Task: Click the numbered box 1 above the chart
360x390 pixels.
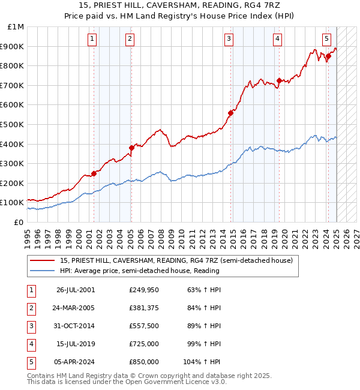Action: tap(92, 40)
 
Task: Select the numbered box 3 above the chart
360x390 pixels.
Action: tap(229, 40)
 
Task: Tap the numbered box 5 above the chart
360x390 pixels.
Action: tap(326, 40)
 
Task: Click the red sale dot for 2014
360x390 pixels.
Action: tap(230, 113)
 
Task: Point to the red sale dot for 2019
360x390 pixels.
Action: tap(279, 80)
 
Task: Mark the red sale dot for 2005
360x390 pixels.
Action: tap(132, 148)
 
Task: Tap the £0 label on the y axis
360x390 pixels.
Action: tap(18, 222)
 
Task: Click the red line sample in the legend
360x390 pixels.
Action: tap(43, 260)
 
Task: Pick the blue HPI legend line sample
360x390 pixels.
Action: tap(43, 271)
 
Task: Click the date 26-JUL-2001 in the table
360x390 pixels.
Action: tap(76, 290)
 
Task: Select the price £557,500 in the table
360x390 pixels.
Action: tap(144, 326)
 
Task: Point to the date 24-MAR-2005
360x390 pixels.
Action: tap(76, 308)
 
